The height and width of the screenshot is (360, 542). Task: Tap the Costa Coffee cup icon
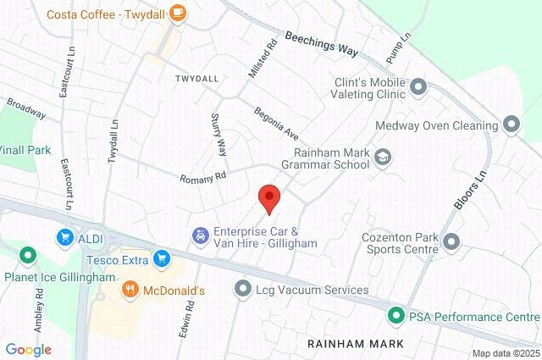tap(177, 12)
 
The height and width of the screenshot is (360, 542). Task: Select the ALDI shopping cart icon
tap(64, 238)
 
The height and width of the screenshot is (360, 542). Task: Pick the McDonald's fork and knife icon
tap(130, 291)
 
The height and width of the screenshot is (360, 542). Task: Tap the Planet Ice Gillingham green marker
tap(27, 254)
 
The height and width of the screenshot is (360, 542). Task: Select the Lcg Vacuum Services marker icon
tap(244, 290)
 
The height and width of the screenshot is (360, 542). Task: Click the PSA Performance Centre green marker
tap(395, 318)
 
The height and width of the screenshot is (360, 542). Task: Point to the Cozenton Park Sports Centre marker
tap(451, 243)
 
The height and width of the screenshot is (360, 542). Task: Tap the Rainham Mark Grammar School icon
tap(384, 158)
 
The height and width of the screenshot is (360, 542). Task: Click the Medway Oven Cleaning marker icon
tap(511, 126)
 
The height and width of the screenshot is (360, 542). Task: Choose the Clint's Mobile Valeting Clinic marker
tap(418, 88)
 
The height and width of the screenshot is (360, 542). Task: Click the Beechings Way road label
tap(322, 44)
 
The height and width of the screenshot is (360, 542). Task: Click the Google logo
tap(28, 349)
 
